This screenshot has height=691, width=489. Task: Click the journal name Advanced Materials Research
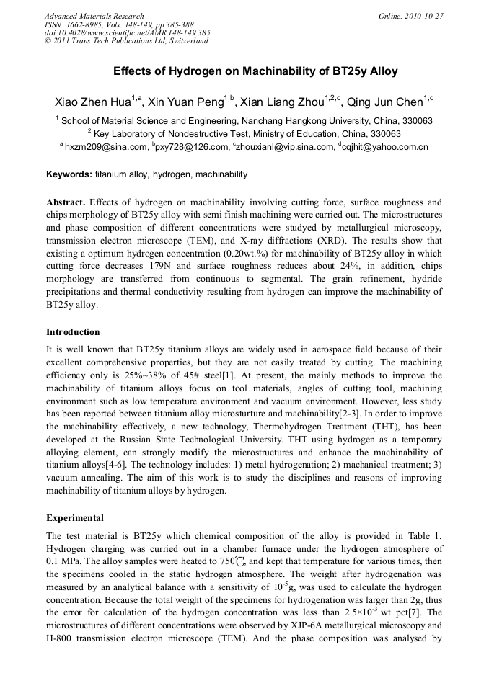click(94, 16)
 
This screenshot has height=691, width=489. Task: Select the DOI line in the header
click(128, 32)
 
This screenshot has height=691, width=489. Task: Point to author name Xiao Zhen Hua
click(92, 102)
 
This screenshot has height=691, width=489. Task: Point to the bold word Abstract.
click(66, 202)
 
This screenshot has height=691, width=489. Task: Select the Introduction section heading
click(73, 332)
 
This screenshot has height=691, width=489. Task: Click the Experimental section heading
click(75, 518)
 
